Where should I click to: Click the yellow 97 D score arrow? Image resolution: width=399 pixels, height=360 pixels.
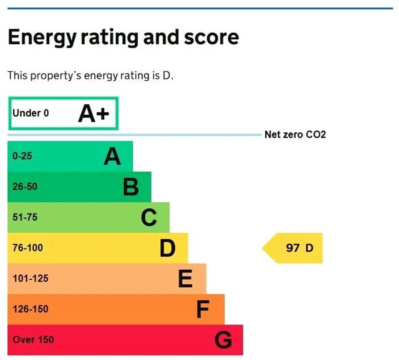pyautogui.click(x=292, y=248)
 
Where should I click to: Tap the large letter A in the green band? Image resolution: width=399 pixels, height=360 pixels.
pyautogui.click(x=112, y=156)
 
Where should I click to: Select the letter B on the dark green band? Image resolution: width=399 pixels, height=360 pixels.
pyautogui.click(x=131, y=187)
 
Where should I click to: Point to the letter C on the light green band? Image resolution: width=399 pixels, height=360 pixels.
pyautogui.click(x=149, y=218)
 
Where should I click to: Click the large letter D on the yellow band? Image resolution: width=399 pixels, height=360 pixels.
pyautogui.click(x=168, y=248)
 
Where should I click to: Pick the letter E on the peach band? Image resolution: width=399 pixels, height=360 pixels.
pyautogui.click(x=186, y=279)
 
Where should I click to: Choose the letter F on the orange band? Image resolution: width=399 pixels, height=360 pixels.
pyautogui.click(x=203, y=309)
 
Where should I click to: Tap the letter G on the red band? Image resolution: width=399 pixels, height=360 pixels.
pyautogui.click(x=223, y=340)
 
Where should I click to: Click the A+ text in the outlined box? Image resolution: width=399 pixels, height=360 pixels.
pyautogui.click(x=93, y=113)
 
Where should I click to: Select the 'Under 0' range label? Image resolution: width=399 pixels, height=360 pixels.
pyautogui.click(x=31, y=113)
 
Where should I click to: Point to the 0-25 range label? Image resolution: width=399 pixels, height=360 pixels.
pyautogui.click(x=22, y=156)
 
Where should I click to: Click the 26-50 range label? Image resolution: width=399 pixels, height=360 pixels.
pyautogui.click(x=25, y=187)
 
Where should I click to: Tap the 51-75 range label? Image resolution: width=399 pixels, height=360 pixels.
pyautogui.click(x=25, y=217)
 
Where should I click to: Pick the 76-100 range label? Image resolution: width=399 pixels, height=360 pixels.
pyautogui.click(x=28, y=248)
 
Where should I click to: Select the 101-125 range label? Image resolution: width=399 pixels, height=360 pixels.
pyautogui.click(x=31, y=278)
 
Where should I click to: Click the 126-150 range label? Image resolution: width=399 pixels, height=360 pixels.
pyautogui.click(x=31, y=309)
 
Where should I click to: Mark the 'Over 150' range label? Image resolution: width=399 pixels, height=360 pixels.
pyautogui.click(x=33, y=340)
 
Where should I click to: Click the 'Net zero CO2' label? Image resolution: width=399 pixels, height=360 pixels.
pyautogui.click(x=295, y=135)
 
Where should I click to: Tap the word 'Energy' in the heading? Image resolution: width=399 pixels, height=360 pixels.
pyautogui.click(x=42, y=38)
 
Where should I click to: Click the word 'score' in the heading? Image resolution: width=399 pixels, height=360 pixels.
pyautogui.click(x=211, y=38)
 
